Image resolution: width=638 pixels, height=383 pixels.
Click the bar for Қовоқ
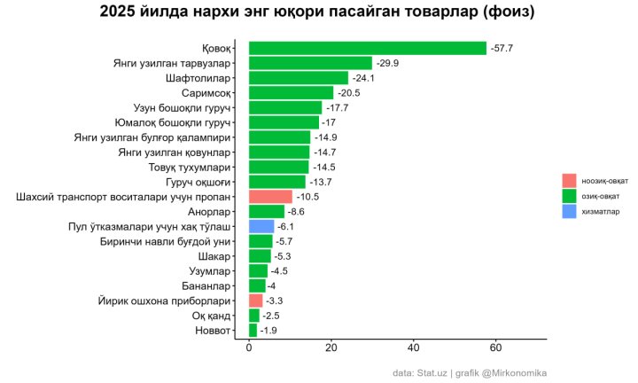point(368,48)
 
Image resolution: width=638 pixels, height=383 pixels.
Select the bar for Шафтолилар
point(299,78)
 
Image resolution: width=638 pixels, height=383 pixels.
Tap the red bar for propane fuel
point(270,197)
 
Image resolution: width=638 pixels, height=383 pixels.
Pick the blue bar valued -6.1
point(261,226)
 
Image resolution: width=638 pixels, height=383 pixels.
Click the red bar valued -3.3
point(255,301)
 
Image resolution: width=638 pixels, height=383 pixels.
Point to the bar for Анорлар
point(267,212)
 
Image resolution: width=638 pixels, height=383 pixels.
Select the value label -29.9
point(387,63)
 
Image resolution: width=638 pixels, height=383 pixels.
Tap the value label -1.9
point(269,331)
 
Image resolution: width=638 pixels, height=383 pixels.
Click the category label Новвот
point(213,331)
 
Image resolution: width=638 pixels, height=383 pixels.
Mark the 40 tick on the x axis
point(414,348)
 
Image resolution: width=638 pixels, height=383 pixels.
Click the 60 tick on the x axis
point(496,348)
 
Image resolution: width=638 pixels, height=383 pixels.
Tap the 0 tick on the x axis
point(249,348)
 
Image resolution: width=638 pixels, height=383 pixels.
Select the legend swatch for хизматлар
point(569,212)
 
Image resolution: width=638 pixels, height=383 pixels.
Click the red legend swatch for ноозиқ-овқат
point(569,180)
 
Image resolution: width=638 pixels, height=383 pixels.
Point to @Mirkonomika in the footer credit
point(514,372)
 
